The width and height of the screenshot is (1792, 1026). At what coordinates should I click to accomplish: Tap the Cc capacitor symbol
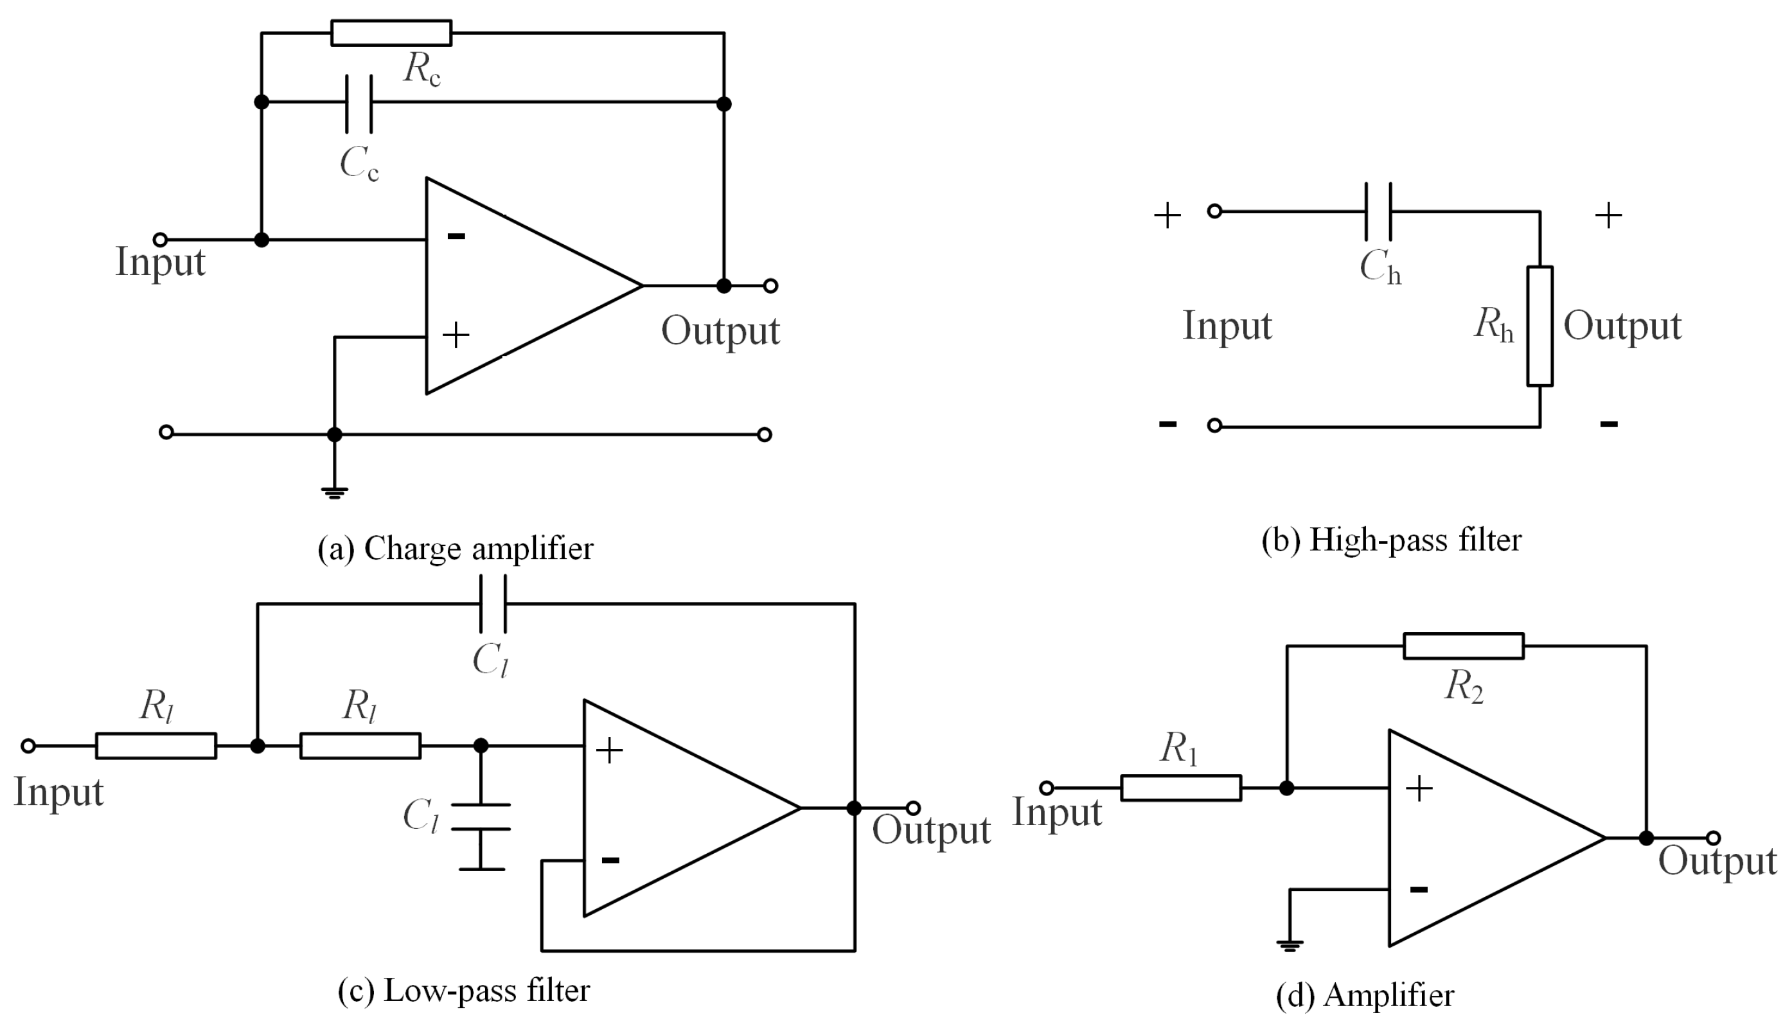pyautogui.click(x=359, y=103)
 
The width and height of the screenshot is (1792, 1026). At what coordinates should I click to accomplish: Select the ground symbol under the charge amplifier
pyautogui.click(x=335, y=492)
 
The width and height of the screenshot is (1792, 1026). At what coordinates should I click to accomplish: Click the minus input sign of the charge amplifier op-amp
pyautogui.click(x=457, y=236)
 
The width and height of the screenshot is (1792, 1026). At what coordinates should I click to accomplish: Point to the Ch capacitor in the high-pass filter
pyautogui.click(x=1378, y=211)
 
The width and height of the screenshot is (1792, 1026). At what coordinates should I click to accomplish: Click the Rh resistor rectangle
pyautogui.click(x=1539, y=326)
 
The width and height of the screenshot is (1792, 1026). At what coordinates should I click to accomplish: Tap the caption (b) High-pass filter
pyautogui.click(x=1391, y=540)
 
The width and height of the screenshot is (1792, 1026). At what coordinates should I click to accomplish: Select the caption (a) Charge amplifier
pyautogui.click(x=455, y=549)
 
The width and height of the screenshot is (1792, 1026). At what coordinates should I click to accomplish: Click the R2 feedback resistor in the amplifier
pyautogui.click(x=1464, y=646)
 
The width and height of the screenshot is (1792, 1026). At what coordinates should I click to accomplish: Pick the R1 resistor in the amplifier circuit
pyautogui.click(x=1181, y=788)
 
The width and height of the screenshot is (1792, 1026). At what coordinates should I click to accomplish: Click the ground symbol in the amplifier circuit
pyautogui.click(x=1290, y=945)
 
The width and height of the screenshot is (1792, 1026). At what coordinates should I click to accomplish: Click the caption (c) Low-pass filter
pyautogui.click(x=464, y=991)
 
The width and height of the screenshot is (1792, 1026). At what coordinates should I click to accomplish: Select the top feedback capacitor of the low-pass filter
pyautogui.click(x=493, y=604)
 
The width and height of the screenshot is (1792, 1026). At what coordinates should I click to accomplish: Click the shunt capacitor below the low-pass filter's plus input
pyautogui.click(x=481, y=817)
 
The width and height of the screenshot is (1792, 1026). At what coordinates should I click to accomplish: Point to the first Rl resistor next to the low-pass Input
pyautogui.click(x=155, y=745)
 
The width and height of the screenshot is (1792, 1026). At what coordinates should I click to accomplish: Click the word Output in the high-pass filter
pyautogui.click(x=1622, y=327)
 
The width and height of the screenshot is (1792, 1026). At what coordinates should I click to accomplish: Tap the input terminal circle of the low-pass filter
pyautogui.click(x=28, y=745)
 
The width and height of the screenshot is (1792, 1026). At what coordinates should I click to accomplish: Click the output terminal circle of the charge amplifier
pyautogui.click(x=771, y=286)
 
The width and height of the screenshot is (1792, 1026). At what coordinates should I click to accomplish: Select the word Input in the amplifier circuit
pyautogui.click(x=1056, y=813)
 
